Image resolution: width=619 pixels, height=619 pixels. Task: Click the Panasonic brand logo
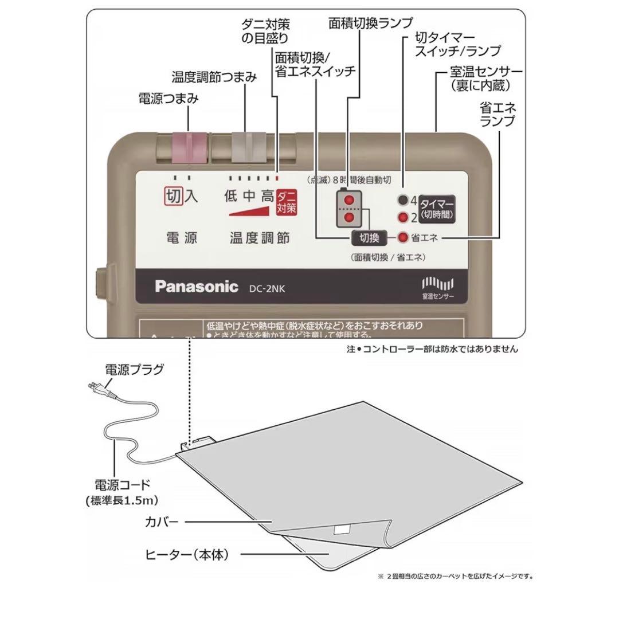(196, 287)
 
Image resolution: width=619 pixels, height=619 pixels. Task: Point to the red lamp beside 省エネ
(403, 237)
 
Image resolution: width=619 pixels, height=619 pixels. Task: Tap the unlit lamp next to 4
(405, 201)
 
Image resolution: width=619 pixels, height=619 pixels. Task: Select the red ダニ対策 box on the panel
(287, 202)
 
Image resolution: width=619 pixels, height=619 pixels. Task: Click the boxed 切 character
(173, 197)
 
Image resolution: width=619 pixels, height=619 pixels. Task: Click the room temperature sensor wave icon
(437, 283)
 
